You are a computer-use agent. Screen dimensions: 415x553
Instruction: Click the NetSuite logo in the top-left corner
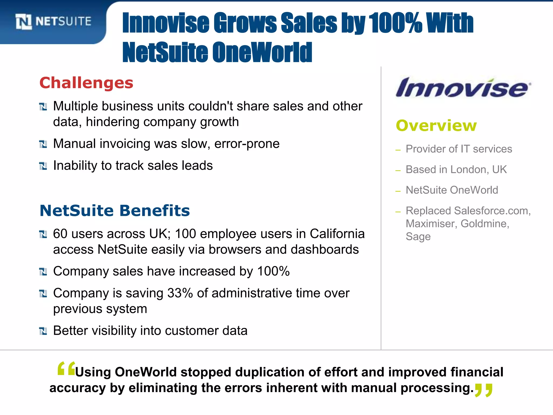point(53,22)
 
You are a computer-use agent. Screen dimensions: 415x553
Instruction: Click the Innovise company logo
point(463,88)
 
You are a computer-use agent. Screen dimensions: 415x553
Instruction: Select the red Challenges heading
point(86,83)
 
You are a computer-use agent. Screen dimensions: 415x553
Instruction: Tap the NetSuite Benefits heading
point(115,210)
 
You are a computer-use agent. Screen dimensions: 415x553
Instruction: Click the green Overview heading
point(436,126)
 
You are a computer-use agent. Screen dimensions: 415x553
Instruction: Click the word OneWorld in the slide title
point(262,52)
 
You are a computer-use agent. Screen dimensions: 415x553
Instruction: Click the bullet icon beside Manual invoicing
point(43,144)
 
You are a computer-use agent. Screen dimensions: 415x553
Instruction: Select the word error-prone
point(247,144)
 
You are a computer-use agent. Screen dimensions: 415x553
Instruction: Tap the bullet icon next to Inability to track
point(43,166)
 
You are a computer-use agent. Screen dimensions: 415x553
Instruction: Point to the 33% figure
point(180,293)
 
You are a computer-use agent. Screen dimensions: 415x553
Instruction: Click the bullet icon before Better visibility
point(43,331)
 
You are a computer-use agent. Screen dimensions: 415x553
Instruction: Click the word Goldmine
point(485,224)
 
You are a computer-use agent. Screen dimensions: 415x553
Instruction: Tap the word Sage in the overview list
point(418,237)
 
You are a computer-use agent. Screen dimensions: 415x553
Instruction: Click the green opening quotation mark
point(66,369)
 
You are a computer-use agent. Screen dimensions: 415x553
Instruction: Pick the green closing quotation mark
point(484,390)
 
